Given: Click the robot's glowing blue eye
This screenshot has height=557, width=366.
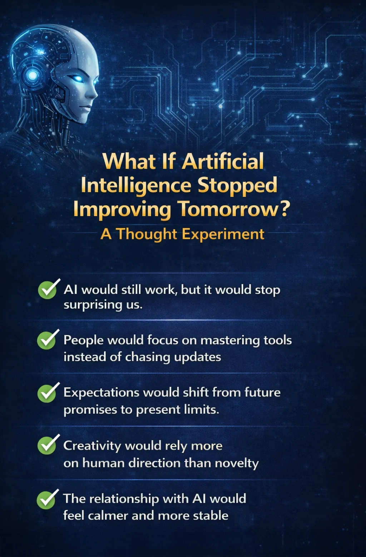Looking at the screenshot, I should pos(78,78).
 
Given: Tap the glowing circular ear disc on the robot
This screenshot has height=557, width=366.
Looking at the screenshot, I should pos(33,75).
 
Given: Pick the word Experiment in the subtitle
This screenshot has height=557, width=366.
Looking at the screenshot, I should pos(223,234).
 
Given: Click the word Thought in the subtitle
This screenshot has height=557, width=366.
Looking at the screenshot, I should pos(147,234).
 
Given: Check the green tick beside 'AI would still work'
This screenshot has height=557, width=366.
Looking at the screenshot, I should pos(48,290).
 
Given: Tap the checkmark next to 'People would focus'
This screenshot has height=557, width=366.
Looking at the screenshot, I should pos(47,340).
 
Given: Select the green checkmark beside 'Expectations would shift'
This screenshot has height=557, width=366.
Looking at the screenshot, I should pos(47,393).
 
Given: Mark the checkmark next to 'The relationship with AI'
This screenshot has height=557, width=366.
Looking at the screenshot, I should pos(46,499).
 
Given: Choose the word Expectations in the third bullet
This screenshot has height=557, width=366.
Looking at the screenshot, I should pos(102,393).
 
